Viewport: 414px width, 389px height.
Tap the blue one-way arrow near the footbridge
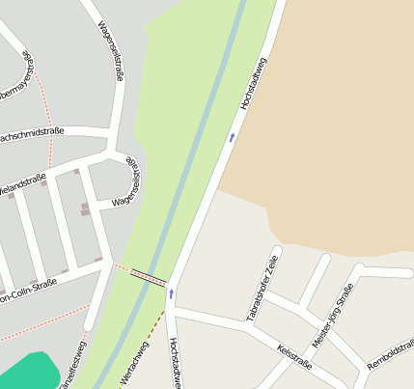171,292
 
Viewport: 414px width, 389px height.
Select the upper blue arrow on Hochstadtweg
232,138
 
